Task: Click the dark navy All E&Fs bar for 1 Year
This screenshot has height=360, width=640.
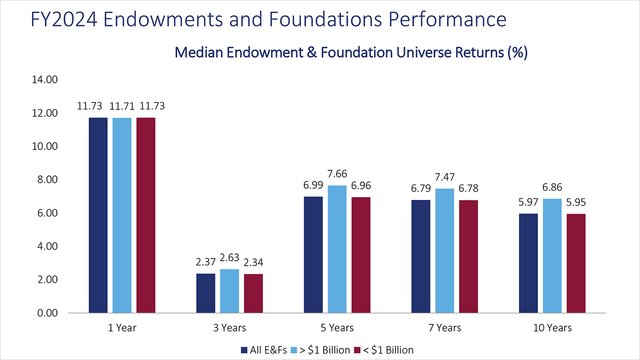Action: (98, 215)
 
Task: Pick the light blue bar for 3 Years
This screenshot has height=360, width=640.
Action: (229, 291)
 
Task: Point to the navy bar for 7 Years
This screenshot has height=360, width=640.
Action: (420, 256)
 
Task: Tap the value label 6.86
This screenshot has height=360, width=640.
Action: (552, 188)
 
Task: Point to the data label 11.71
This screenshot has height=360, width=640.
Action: (122, 106)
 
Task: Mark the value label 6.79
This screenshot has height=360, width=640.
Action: (420, 190)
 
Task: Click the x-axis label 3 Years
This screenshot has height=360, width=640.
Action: (229, 328)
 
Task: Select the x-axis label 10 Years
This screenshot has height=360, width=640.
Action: (552, 328)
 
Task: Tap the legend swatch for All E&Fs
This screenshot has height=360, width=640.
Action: (244, 350)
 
